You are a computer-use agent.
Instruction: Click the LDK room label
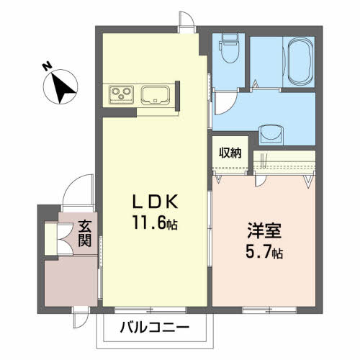156,201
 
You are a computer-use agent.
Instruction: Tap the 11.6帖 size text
156,222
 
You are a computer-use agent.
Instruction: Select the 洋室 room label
264,230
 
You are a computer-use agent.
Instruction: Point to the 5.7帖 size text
264,251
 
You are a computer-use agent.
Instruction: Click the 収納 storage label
230,153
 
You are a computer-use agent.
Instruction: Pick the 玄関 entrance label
85,234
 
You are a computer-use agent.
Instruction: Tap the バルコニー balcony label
155,328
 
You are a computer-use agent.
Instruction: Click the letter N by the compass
48,66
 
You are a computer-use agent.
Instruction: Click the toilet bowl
230,49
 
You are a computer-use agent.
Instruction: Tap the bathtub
301,62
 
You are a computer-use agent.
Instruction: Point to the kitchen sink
156,95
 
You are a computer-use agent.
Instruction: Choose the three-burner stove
121,94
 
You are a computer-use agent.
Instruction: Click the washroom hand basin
271,135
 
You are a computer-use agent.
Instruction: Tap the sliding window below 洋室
269,310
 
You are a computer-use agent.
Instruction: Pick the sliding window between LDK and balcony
150,310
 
